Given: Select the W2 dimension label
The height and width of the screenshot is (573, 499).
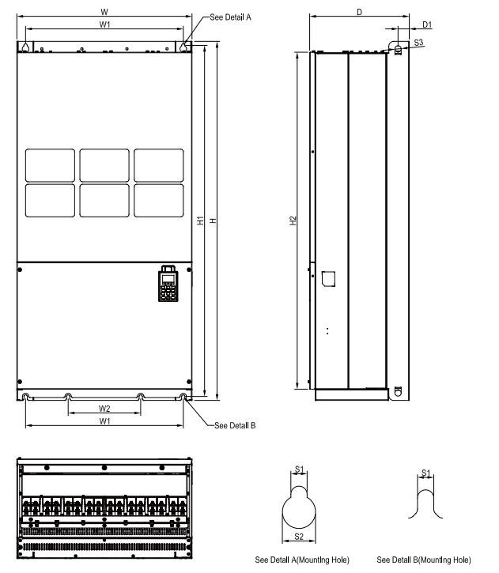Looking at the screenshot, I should [x=104, y=409].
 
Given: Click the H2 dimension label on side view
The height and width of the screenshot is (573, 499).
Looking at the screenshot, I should [x=293, y=221].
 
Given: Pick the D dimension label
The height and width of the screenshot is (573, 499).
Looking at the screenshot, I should [x=359, y=12].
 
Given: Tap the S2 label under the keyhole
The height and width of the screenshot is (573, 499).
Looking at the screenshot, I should [x=300, y=537].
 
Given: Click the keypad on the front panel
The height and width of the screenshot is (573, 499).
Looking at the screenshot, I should [x=168, y=283].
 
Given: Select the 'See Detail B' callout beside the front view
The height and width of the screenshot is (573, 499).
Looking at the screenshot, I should [x=235, y=425].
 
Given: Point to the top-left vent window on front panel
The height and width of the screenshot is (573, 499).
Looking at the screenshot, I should [x=51, y=164].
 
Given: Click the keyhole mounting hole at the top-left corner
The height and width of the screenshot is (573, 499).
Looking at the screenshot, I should [x=26, y=48].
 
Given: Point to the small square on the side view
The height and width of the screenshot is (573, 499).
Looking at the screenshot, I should [x=330, y=277].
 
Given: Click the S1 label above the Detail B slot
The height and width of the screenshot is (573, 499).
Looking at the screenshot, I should [x=426, y=473].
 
